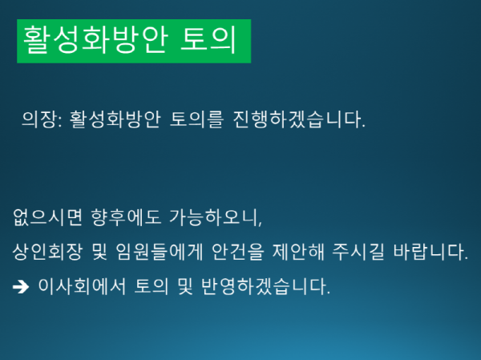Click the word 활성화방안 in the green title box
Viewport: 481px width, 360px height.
[87, 41]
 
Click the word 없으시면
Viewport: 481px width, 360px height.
[40, 217]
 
